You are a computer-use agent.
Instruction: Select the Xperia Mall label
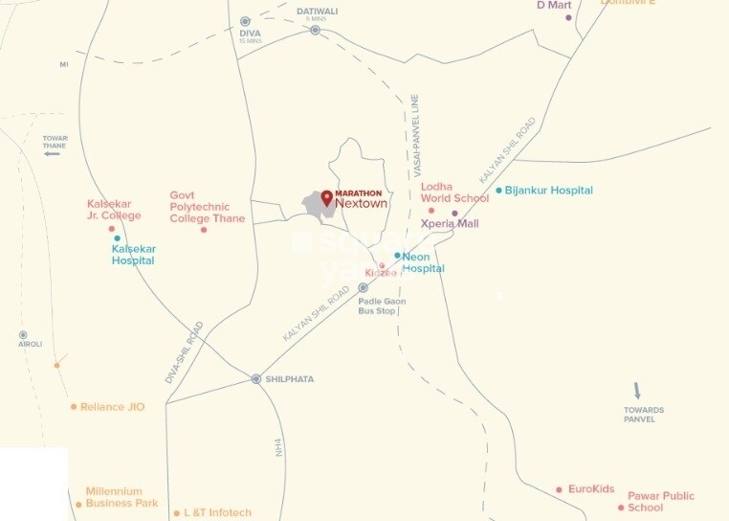click(450, 223)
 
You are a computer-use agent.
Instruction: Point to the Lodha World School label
click(454, 193)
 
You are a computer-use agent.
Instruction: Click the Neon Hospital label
click(423, 262)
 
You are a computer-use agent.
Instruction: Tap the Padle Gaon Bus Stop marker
click(363, 287)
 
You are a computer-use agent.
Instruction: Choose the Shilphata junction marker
click(256, 379)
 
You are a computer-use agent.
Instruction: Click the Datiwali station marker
click(315, 30)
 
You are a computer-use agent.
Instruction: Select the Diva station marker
click(245, 21)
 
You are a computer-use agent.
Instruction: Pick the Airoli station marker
click(23, 335)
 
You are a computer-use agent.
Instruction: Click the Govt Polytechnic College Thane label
click(207, 207)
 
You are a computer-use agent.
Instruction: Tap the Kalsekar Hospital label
click(133, 254)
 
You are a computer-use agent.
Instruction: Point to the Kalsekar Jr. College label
click(114, 210)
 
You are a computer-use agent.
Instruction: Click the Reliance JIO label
click(112, 407)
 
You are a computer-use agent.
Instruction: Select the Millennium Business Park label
click(121, 497)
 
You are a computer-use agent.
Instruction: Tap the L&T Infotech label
click(217, 513)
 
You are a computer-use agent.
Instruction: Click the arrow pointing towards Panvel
click(637, 391)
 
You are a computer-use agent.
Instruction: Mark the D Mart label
click(553, 5)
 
